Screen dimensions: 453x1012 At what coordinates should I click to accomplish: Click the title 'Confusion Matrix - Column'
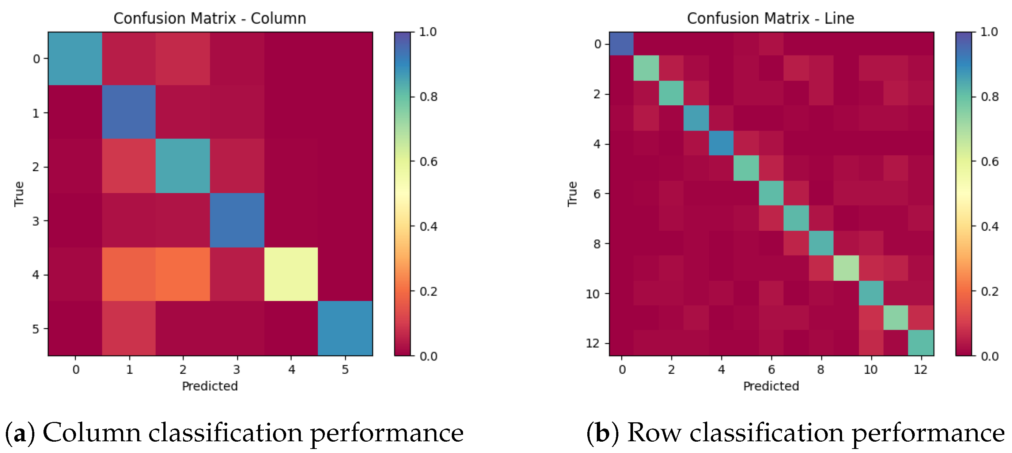[x=209, y=19]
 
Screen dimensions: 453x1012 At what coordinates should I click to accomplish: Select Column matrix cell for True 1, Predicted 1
[x=129, y=112]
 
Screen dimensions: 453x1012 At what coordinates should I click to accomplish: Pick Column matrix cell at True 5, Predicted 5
[x=345, y=328]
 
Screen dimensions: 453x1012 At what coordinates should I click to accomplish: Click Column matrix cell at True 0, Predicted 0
[x=75, y=58]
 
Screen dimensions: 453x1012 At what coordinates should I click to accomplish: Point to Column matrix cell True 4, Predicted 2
[x=183, y=274]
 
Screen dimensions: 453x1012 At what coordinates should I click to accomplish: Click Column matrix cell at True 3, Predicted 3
[x=237, y=220]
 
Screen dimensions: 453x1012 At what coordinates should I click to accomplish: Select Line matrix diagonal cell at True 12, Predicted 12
[x=921, y=343]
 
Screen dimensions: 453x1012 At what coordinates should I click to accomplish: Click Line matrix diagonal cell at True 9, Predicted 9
[x=846, y=268]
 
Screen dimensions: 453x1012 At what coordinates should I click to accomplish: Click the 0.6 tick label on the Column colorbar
[x=428, y=162]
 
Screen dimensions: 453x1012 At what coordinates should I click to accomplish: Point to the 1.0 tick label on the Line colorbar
[x=989, y=32]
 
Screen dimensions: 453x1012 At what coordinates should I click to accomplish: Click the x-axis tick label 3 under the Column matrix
[x=236, y=369]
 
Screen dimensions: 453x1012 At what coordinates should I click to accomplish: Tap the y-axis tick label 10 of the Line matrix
[x=592, y=294]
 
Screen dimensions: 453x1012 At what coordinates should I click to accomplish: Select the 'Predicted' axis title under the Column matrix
[x=210, y=386]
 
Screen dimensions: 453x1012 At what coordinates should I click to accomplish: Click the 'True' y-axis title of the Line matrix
[x=572, y=194]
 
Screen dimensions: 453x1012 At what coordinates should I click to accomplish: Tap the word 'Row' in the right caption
[x=654, y=433]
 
